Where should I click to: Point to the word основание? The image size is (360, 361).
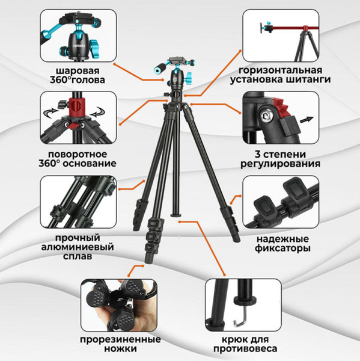click(x=94, y=163)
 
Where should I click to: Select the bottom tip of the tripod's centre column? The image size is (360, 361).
click(x=176, y=213)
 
